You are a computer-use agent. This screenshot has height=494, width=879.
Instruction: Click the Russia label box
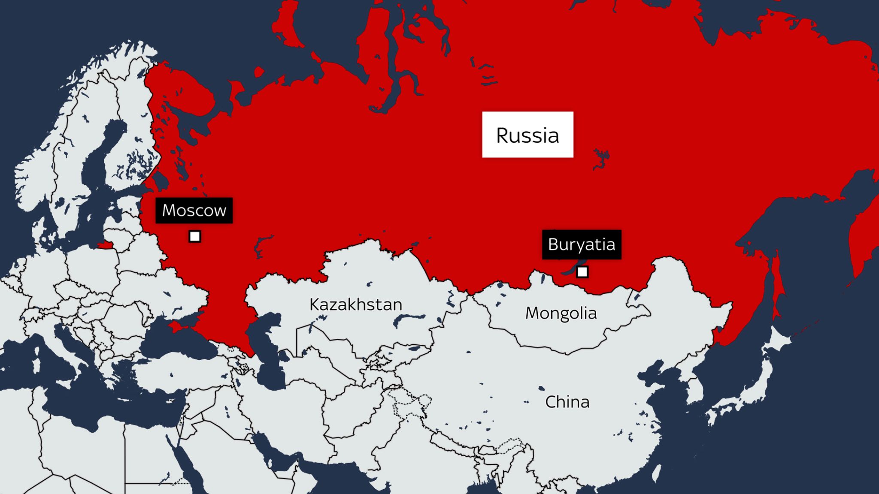[x=527, y=135]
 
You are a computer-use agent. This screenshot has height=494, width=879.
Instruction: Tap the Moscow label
[x=194, y=210]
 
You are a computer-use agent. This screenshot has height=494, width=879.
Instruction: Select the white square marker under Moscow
[x=195, y=236]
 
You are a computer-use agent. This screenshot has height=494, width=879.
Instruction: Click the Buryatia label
[x=582, y=244]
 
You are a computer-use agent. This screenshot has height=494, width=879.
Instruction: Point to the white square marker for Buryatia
[x=582, y=272]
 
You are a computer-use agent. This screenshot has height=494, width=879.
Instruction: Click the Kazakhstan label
[x=356, y=304]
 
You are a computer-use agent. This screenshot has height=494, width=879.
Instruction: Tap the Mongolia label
[x=561, y=313]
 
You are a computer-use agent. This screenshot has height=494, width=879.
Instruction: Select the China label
[x=567, y=402]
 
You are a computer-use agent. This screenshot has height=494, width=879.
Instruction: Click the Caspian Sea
[x=268, y=356]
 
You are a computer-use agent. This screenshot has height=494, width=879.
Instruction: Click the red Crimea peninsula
[x=178, y=328]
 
